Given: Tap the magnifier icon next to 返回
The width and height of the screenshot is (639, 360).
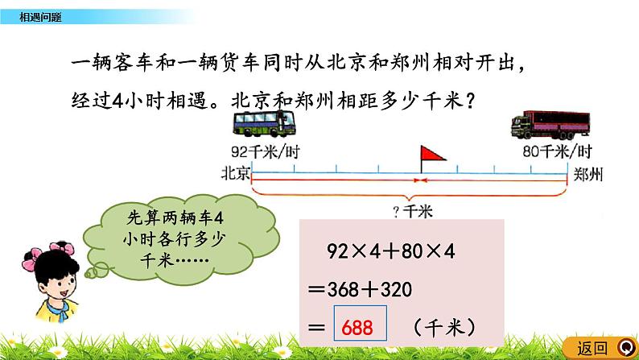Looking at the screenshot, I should (624, 348).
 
